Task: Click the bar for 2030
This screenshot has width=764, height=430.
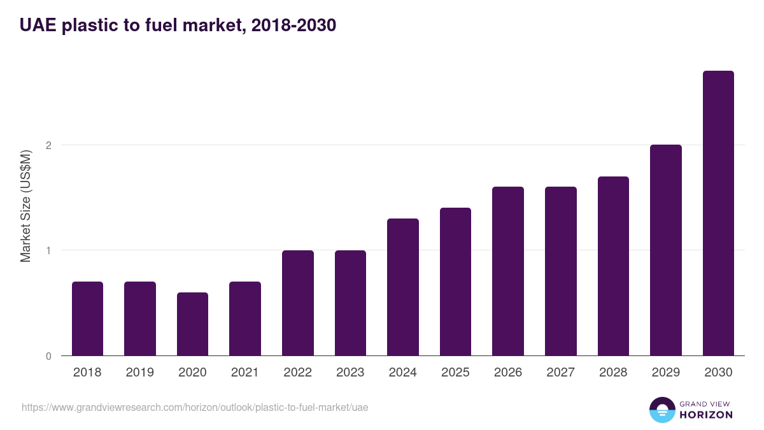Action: (718, 213)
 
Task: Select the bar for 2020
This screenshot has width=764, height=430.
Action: (192, 324)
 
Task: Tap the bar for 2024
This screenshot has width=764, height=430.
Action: (403, 287)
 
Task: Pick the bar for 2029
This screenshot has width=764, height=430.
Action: (666, 250)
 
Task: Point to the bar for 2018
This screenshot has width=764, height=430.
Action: (87, 319)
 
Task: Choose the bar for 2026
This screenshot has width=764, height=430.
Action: (508, 271)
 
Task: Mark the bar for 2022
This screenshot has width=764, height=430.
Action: (298, 303)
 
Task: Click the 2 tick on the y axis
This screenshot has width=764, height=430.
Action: (48, 145)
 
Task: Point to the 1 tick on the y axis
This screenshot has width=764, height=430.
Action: (48, 250)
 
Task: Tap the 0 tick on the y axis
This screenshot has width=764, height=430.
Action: (48, 356)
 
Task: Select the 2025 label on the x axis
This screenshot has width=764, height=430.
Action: (455, 373)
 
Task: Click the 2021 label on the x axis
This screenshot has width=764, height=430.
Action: (245, 373)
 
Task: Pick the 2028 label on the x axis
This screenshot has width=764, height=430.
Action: (613, 373)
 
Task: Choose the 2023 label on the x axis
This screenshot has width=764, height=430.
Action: (350, 373)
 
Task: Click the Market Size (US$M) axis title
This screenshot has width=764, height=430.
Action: (25, 206)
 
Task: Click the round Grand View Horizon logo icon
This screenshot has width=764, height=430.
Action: (661, 410)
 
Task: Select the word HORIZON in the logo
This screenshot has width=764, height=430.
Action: (706, 415)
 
